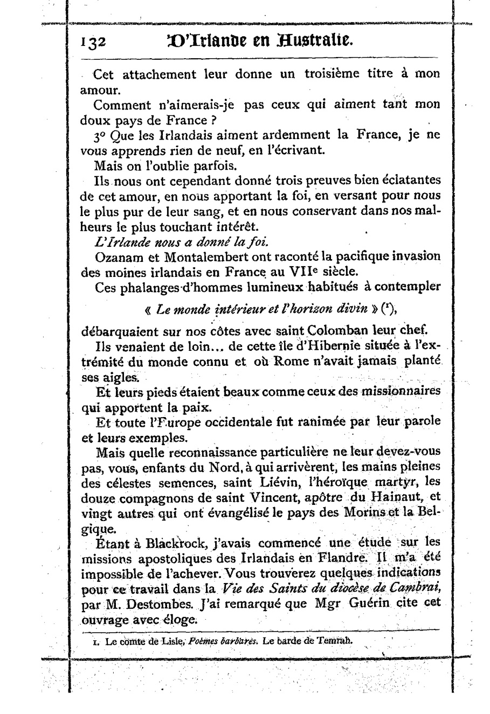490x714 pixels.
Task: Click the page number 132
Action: click(94, 43)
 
